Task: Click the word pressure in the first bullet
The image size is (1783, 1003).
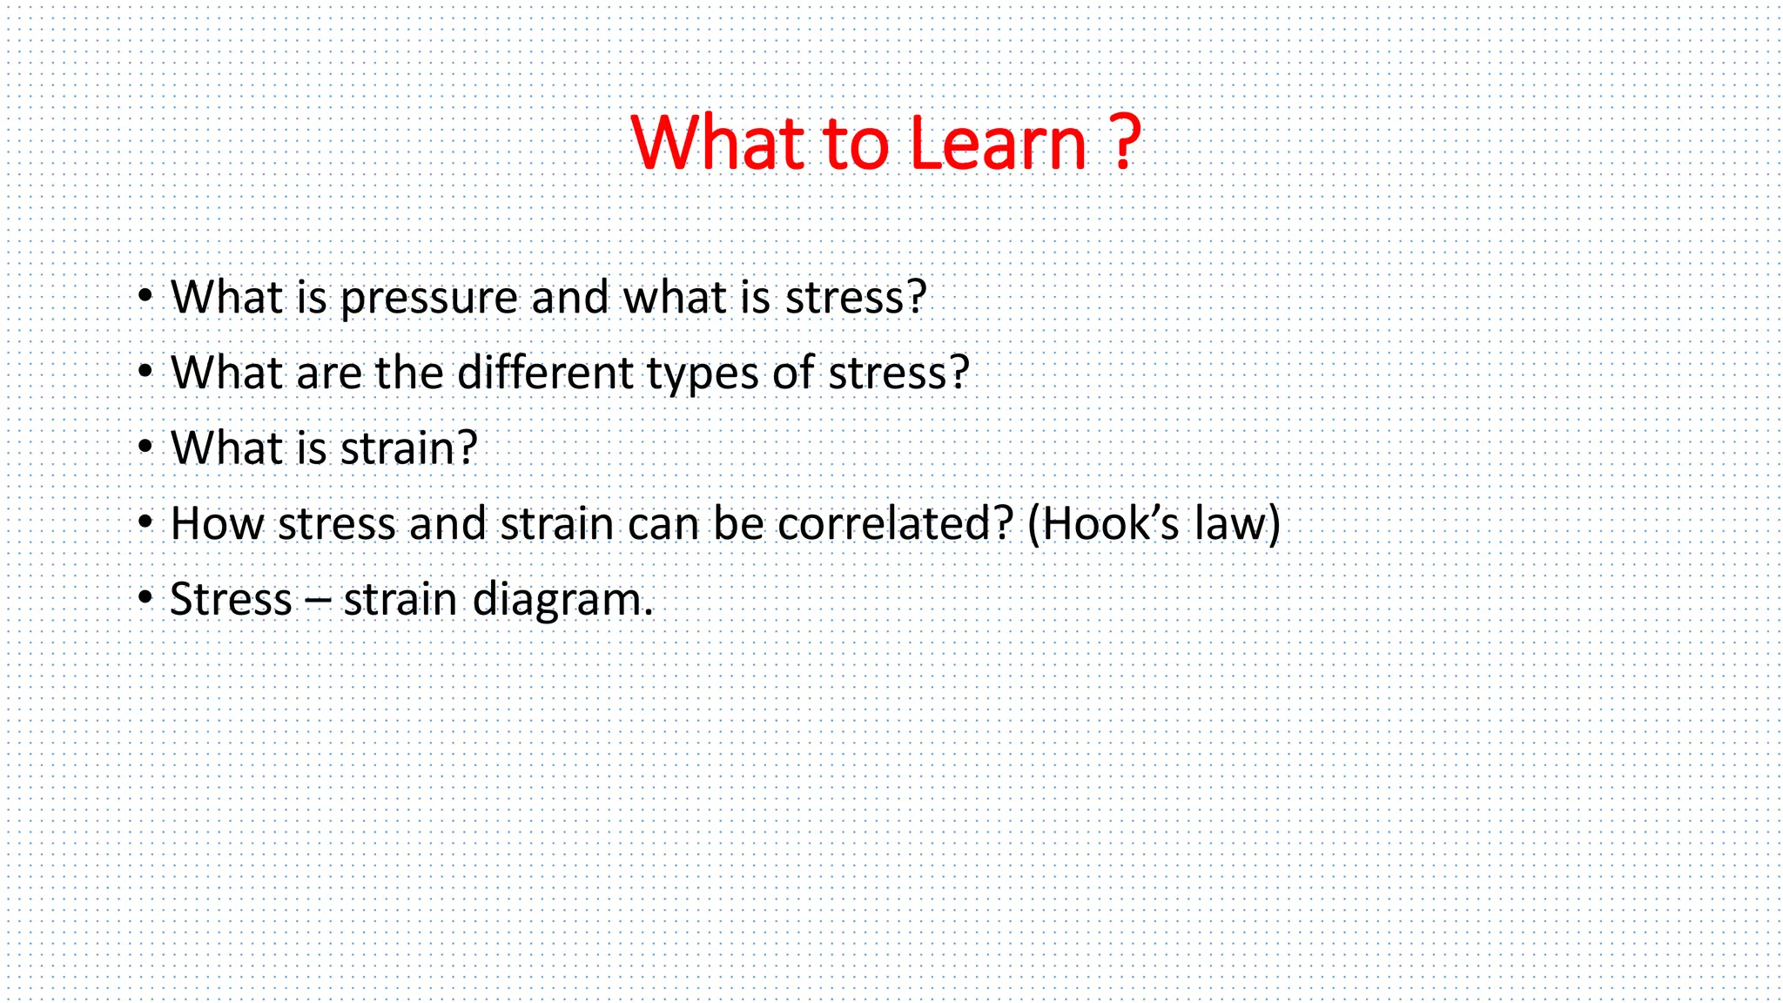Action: click(429, 299)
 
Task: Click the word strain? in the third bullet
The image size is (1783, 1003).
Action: click(408, 448)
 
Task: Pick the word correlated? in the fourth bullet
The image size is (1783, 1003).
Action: click(895, 524)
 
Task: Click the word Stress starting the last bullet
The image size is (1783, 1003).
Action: click(231, 600)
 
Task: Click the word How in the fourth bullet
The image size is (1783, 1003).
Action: click(216, 524)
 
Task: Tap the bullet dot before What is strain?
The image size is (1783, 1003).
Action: click(145, 448)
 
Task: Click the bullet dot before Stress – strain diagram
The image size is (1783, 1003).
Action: click(145, 599)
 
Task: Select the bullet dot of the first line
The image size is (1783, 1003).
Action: click(145, 297)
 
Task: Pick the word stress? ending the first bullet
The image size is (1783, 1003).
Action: click(855, 299)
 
